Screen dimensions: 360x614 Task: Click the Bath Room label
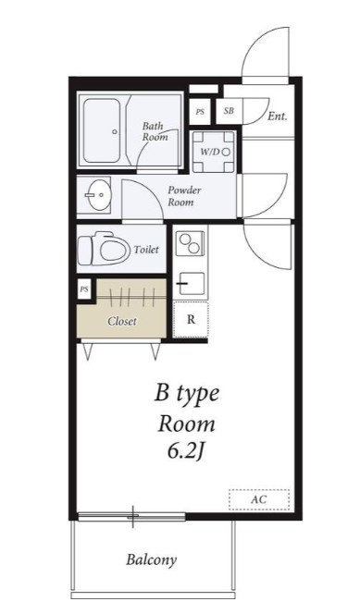tap(155, 131)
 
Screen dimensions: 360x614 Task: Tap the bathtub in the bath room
tap(102, 130)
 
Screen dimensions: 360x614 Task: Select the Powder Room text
tap(184, 196)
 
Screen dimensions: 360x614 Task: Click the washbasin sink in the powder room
tap(97, 194)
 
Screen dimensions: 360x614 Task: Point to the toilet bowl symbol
tap(104, 249)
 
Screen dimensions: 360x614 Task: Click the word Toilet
tap(146, 250)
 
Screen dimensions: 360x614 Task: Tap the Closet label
tap(122, 322)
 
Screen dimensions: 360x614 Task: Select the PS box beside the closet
tap(84, 289)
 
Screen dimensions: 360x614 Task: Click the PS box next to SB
tap(200, 112)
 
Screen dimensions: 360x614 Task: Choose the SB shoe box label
tap(229, 111)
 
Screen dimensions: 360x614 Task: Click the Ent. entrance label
tap(278, 117)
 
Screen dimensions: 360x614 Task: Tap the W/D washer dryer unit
tap(214, 152)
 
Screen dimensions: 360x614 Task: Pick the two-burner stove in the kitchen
tap(190, 243)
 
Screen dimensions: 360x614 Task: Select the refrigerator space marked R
tap(191, 320)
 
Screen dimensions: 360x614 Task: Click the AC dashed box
tap(259, 499)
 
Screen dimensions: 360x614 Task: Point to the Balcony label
tap(151, 560)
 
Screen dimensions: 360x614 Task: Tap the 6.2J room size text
tap(186, 451)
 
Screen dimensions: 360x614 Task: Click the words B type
tap(186, 394)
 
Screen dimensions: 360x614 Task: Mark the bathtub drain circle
tap(115, 131)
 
